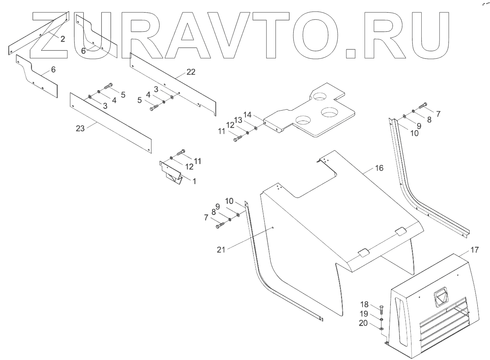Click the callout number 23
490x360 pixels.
click(80, 128)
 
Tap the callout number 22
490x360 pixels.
click(191, 72)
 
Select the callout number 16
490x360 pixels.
click(379, 168)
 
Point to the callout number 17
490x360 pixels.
click(474, 250)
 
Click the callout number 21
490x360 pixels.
click(221, 249)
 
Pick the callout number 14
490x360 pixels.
click(248, 115)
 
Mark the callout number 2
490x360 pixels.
click(63, 39)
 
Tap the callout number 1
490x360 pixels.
click(194, 181)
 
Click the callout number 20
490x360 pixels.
click(363, 323)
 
